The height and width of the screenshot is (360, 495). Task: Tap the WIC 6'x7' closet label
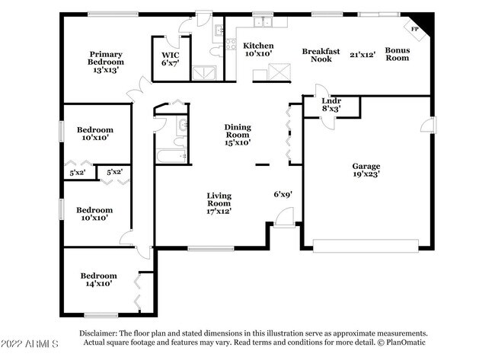(x=169, y=59)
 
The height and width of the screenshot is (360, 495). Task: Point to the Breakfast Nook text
(x=321, y=55)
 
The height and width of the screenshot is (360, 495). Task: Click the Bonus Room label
(x=397, y=54)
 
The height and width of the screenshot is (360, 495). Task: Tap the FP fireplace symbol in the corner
(x=416, y=28)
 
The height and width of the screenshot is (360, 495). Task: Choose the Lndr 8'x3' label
(x=331, y=104)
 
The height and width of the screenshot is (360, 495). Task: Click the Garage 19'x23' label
(x=366, y=170)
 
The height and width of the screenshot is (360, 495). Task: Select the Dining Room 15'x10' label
(x=238, y=135)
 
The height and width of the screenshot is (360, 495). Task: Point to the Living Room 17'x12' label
(x=219, y=203)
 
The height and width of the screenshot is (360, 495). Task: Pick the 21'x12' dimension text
(x=363, y=55)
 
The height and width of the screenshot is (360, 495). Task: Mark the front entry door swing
(x=284, y=219)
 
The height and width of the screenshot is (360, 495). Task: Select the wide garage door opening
(x=366, y=246)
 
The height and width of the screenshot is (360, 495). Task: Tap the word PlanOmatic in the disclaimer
(x=403, y=342)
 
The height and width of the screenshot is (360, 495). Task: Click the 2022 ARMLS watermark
(x=30, y=346)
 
